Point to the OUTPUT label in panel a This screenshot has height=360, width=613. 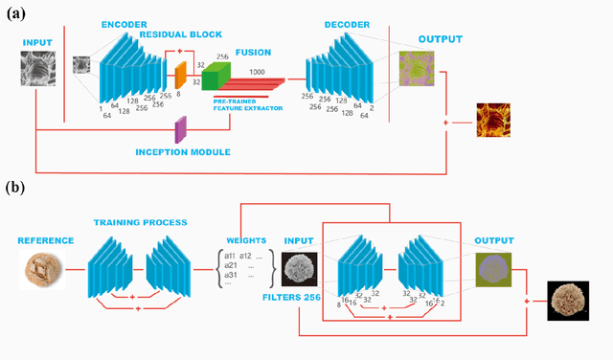(441, 40)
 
